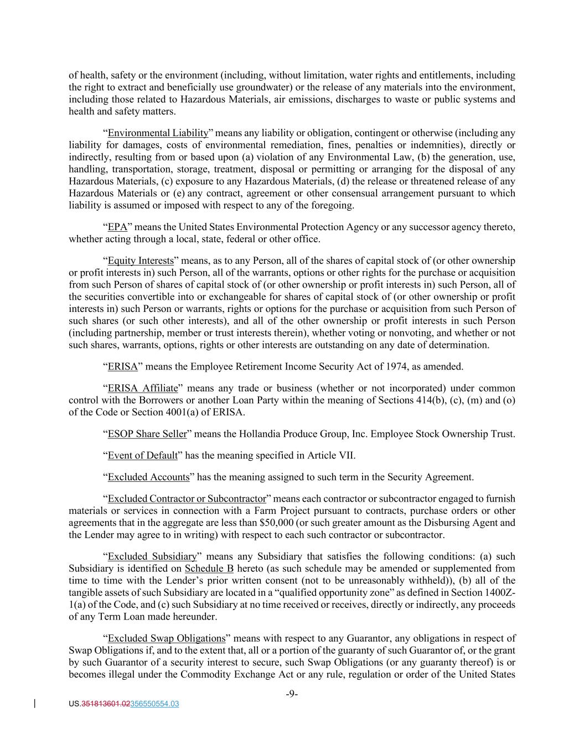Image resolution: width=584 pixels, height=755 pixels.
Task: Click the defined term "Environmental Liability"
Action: [x=158, y=133]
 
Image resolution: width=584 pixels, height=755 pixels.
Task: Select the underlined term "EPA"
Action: [x=117, y=227]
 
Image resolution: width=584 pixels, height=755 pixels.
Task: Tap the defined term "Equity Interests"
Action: [x=141, y=261]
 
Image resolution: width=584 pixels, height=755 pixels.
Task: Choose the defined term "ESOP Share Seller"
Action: [x=147, y=434]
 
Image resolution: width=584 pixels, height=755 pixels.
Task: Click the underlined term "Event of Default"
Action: [x=143, y=456]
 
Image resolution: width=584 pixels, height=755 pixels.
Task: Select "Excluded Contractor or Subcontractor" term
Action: [x=187, y=499]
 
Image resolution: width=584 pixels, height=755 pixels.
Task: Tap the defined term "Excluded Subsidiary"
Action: [x=152, y=556]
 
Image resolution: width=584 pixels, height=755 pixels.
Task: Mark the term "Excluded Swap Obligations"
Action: [x=167, y=639]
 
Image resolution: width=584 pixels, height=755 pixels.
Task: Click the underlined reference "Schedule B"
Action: [x=209, y=569]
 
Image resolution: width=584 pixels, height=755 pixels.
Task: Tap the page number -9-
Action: [x=292, y=694]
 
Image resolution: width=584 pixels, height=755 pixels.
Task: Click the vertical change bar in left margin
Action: [x=36, y=704]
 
